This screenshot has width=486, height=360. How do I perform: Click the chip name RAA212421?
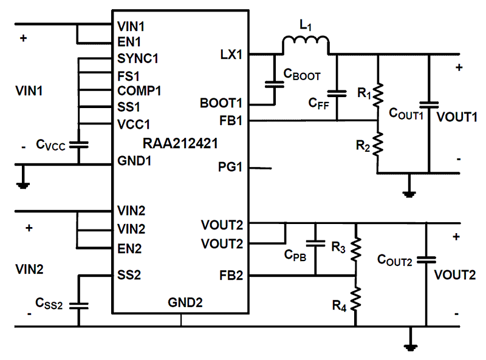click(x=180, y=144)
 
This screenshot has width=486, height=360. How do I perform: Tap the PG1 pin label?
click(x=230, y=167)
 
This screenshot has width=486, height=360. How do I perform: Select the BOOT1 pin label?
click(x=221, y=103)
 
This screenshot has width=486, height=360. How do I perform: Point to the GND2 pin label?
click(x=181, y=302)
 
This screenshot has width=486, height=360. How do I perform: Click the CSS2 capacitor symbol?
click(x=78, y=305)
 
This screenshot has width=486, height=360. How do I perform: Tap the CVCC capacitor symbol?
click(x=78, y=144)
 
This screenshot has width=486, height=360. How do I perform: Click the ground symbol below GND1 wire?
click(x=22, y=183)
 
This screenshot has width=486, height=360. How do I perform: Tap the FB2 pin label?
click(x=230, y=276)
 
